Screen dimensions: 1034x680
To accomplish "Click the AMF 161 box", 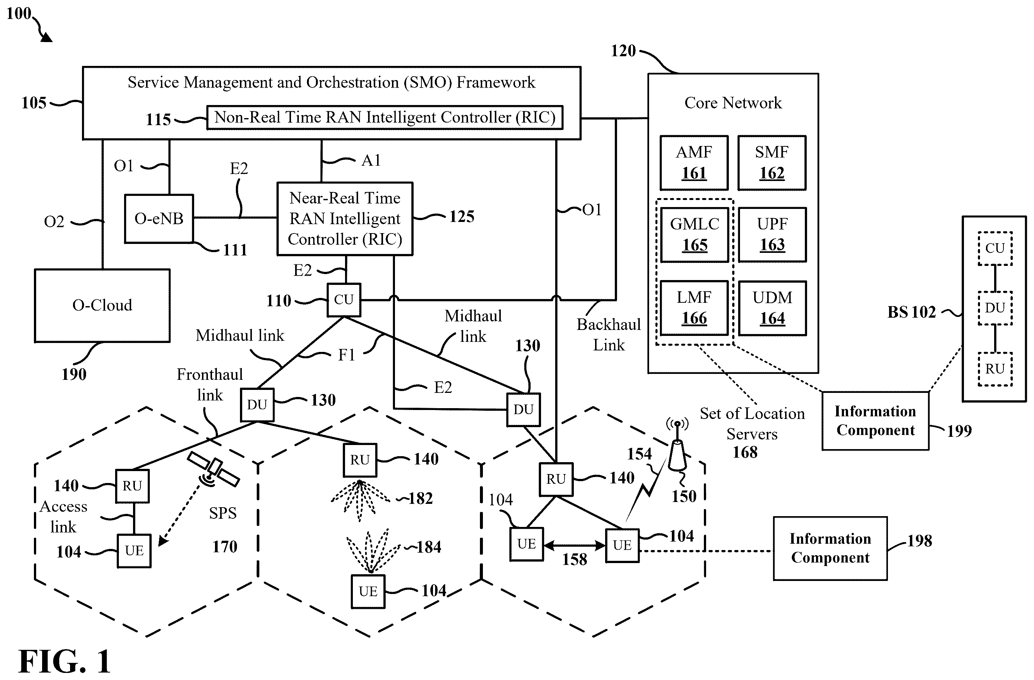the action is coord(694,163).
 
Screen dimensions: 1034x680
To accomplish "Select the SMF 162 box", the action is coord(772,163).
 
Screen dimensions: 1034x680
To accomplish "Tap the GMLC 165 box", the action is coord(695,235).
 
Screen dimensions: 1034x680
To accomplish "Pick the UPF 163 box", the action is coord(772,235).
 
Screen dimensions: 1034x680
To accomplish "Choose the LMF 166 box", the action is coord(694,308).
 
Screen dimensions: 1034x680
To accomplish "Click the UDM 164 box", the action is coord(772,308).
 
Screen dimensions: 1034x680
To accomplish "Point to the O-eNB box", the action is coord(159,219).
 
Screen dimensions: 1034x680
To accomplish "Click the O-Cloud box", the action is coord(102,305).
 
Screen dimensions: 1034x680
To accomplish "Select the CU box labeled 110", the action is coord(344,300).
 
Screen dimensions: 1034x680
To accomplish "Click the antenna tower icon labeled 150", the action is coord(677,447).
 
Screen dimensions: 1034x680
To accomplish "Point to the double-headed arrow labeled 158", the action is coord(574,546).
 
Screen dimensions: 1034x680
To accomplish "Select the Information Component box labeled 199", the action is coord(875,421).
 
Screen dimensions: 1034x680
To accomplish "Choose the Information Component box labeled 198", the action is coord(830,549).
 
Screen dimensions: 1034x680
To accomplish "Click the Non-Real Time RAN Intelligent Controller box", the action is coord(385,117).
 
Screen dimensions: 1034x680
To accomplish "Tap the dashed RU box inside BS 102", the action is coord(995,369).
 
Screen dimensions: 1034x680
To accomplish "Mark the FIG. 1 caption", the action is coord(65,661).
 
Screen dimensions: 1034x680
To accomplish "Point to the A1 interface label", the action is coord(371,161).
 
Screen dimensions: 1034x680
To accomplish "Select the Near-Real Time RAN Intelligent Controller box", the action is coord(345,219).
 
